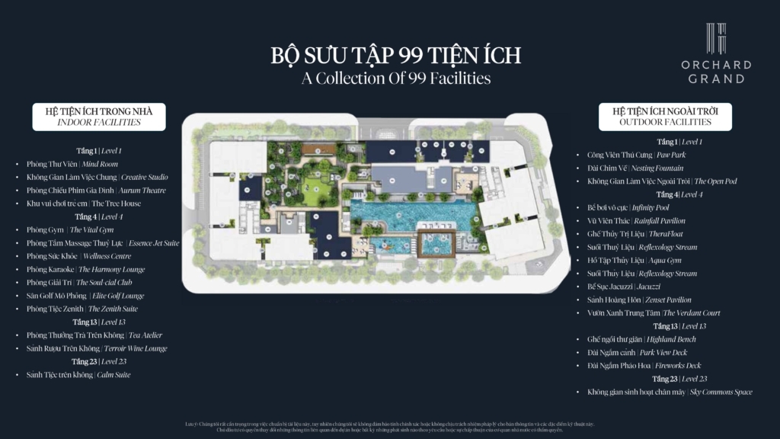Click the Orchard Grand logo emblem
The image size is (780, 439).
tap(715, 38)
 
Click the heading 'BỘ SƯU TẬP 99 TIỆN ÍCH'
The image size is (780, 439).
tap(395, 56)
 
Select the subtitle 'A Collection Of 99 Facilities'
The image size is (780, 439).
tap(395, 78)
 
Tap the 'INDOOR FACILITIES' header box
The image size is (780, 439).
tap(98, 117)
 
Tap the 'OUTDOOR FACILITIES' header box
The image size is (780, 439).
tap(665, 117)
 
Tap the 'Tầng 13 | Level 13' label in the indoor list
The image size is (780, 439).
tap(99, 322)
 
